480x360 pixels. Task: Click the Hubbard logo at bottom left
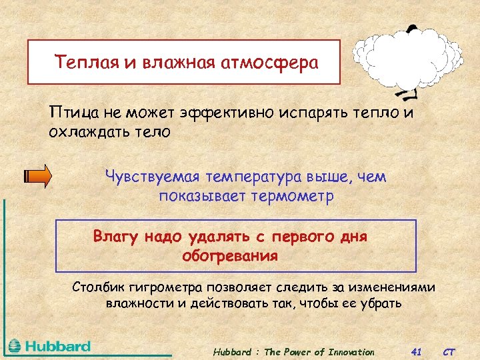(49, 347)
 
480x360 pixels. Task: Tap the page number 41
(417, 352)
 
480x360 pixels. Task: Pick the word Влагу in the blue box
(115, 236)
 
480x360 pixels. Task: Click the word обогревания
(230, 255)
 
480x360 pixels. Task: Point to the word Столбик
(98, 287)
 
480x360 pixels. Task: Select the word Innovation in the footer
(351, 352)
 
